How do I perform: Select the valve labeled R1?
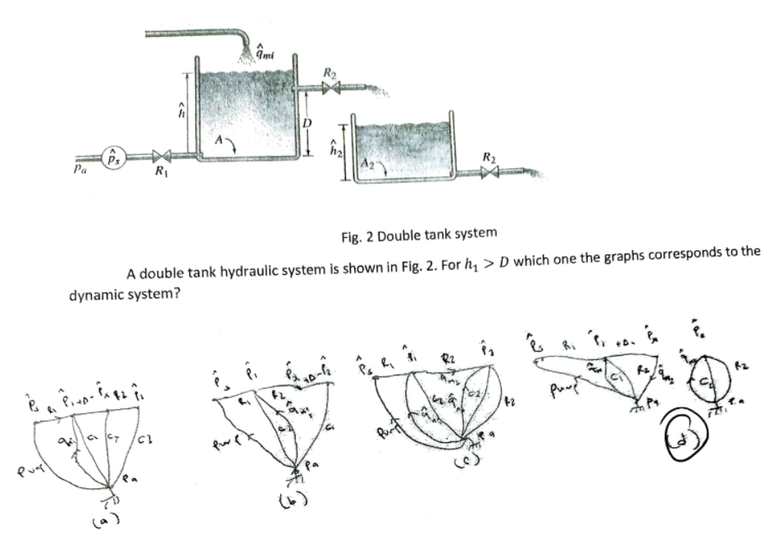163,156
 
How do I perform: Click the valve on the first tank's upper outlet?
330,88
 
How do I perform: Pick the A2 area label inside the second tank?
370,164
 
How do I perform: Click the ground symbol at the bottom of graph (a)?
111,497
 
